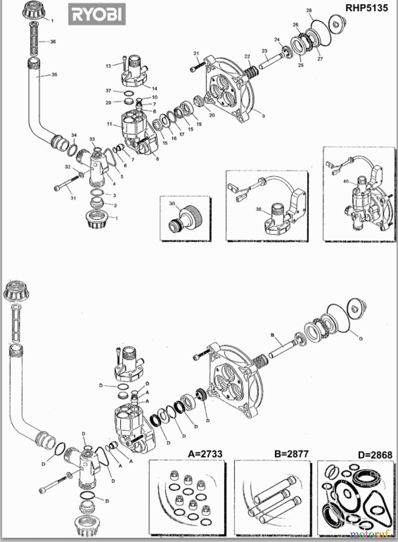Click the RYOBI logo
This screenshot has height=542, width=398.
97,14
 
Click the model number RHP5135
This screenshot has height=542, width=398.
366,8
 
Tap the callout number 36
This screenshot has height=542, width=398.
53,42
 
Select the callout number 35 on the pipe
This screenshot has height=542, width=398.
54,75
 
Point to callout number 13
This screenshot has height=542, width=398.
108,66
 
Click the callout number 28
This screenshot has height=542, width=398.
309,11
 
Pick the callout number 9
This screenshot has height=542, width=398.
263,116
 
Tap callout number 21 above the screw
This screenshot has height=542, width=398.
196,54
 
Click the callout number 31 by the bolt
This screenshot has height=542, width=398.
73,198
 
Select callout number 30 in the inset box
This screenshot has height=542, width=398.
172,204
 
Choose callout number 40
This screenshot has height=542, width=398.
346,182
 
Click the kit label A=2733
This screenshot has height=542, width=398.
205,454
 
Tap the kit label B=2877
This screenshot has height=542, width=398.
291,454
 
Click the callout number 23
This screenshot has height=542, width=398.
265,51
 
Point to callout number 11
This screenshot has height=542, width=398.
109,124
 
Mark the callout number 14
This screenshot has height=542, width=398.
155,89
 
